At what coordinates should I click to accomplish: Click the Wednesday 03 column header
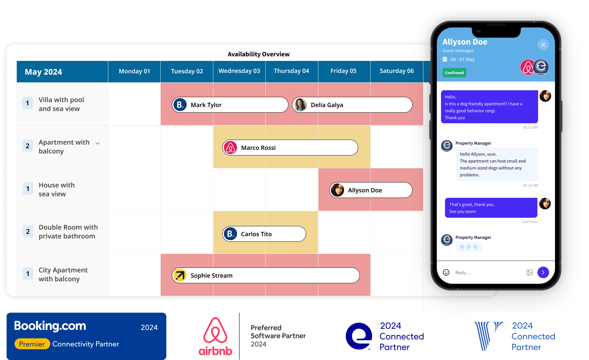point(239,71)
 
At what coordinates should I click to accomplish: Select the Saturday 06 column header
point(396,71)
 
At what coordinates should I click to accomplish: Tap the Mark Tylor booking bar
point(230,105)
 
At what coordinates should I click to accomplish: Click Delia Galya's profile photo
point(300,105)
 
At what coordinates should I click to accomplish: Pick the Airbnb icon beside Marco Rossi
point(230,148)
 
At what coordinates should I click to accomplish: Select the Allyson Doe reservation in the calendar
point(371,190)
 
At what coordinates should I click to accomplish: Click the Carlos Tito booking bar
point(264,234)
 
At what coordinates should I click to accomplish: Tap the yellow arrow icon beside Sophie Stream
point(180,275)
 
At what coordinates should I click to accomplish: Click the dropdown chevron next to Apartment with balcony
point(97,143)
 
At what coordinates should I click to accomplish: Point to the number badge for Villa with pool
point(28,103)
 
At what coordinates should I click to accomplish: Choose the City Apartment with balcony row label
point(63,274)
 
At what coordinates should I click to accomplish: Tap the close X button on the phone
point(543,45)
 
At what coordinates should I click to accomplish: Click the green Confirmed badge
point(454,73)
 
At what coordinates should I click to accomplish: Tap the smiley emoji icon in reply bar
point(446,272)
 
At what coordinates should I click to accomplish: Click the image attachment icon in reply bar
point(529,272)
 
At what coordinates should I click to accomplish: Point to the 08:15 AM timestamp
point(530,127)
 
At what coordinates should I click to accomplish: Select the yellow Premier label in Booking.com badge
point(32,344)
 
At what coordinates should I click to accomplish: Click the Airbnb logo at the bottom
point(216,336)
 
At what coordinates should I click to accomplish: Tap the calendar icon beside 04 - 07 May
point(445,59)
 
